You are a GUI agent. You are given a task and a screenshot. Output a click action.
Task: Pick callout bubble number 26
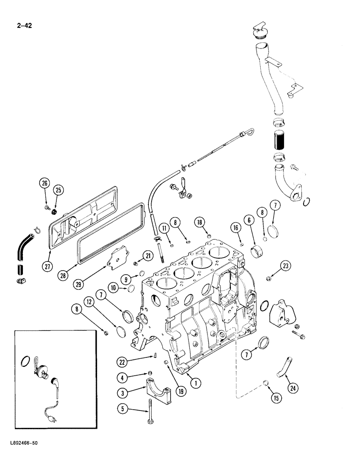[44, 183]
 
